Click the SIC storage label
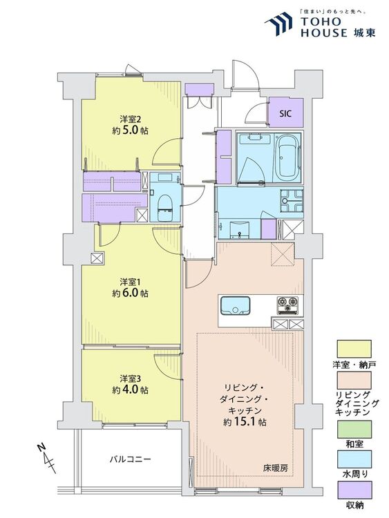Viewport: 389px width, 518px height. [285, 114]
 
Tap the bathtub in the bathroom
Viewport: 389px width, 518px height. [287, 157]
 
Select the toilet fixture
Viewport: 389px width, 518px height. [164, 207]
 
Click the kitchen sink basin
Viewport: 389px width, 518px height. [235, 305]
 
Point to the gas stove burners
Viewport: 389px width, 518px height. [287, 305]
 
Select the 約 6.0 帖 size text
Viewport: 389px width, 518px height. [130, 293]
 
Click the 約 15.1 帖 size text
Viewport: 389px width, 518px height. [245, 422]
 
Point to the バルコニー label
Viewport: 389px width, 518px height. [130, 459]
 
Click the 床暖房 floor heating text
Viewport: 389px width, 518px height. [275, 468]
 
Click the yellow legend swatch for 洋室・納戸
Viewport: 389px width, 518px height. [354, 349]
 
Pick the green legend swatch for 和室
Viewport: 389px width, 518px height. [354, 429]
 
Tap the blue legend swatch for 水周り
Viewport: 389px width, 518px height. [354, 459]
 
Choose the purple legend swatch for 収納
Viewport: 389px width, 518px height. [354, 490]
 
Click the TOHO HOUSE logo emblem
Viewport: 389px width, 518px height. [278, 23]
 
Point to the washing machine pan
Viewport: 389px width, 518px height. [292, 201]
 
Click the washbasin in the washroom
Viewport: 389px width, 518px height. [239, 229]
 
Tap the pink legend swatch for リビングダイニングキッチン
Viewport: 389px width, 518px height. [354, 381]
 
